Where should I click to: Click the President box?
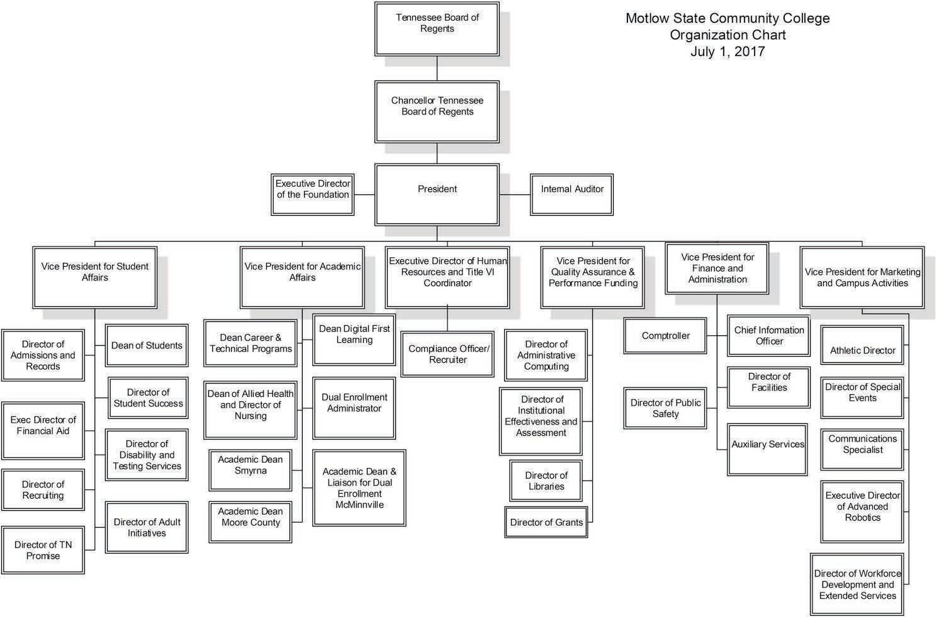coord(437,194)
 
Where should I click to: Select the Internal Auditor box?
coord(572,194)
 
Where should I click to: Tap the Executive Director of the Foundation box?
coord(312,194)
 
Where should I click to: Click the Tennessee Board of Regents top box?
coord(437,29)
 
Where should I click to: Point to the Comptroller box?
coord(665,336)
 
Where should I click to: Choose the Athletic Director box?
coord(862,345)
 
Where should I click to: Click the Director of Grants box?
coord(546,522)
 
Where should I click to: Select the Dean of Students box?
coord(147,345)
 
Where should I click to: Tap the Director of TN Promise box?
coord(43,550)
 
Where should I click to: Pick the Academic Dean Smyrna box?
coord(250,470)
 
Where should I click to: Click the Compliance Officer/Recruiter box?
coord(447,354)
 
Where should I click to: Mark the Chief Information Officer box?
coord(768,336)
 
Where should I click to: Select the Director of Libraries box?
coord(546,481)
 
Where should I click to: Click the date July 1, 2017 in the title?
coord(728,52)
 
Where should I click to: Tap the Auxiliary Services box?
coord(767,450)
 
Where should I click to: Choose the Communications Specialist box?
coord(862,449)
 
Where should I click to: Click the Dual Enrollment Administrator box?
coord(354,408)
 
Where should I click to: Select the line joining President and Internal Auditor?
coord(515,194)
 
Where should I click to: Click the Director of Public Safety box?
coord(665,408)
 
